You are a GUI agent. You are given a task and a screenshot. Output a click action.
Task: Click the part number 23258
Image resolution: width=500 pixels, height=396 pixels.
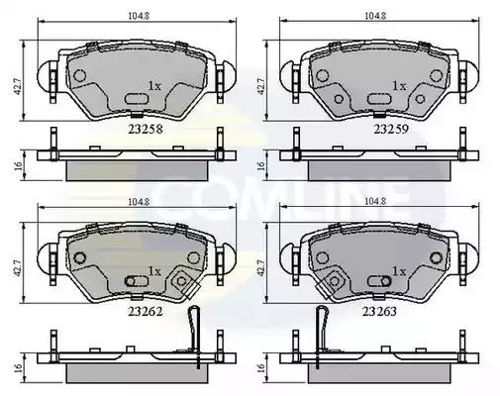146,129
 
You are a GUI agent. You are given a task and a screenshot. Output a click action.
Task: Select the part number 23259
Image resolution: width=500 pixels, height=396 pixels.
391,129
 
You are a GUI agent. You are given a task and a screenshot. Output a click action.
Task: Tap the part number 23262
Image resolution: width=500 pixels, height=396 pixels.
146,312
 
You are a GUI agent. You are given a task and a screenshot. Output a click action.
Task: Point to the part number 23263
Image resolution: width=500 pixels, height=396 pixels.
379,312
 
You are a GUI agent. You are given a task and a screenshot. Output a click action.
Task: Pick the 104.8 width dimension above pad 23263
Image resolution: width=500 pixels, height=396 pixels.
375,201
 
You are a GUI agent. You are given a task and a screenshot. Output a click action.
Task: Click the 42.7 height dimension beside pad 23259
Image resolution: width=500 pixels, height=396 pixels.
261,87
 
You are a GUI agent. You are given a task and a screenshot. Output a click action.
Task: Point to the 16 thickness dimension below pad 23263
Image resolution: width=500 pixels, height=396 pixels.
261,367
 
